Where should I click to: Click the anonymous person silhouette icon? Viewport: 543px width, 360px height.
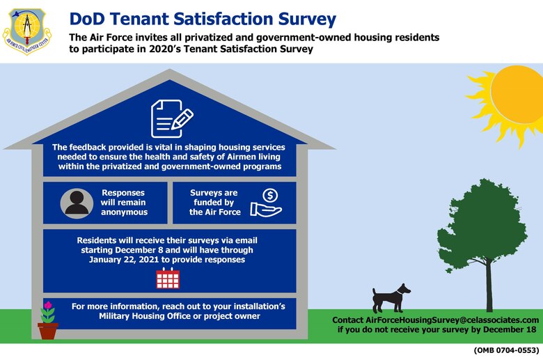coord(76,203)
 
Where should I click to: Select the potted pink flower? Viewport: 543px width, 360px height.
coord(48,322)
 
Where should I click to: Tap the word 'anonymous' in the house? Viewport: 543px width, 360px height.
coord(125,212)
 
